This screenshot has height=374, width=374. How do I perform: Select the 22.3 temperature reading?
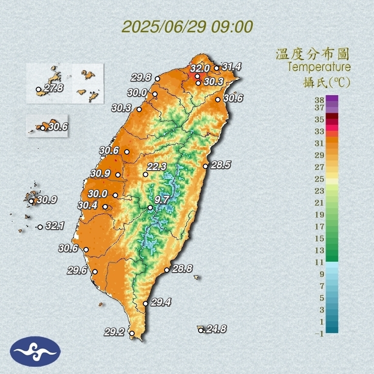[x=157, y=166]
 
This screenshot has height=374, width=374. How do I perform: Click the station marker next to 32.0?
[x=197, y=76]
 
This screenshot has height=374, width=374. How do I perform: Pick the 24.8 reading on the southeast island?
[x=215, y=329]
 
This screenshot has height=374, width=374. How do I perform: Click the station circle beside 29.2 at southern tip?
[x=132, y=334]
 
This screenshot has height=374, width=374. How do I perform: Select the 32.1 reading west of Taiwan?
[x=54, y=226]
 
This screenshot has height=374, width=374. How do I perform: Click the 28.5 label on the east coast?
[x=221, y=165]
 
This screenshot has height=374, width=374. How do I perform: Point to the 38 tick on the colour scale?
[x=320, y=100]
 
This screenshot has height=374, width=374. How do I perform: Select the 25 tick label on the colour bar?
[x=320, y=179]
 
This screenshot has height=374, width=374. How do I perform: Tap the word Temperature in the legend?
[x=319, y=67]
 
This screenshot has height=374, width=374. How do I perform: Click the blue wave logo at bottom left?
[x=35, y=351]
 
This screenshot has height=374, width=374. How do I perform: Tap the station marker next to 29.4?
[x=145, y=303]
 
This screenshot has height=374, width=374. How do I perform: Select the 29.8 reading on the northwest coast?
[x=142, y=77]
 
